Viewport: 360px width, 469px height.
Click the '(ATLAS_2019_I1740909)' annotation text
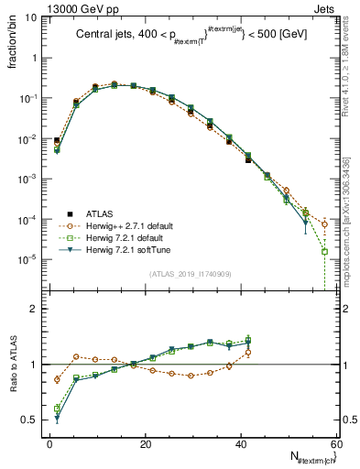[191, 274]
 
